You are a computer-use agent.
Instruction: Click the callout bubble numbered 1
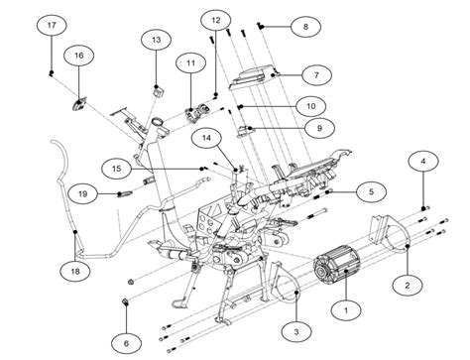pyautogui.click(x=345, y=311)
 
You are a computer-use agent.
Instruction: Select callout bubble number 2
pyautogui.click(x=406, y=284)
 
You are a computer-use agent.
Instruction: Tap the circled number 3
pyautogui.click(x=294, y=329)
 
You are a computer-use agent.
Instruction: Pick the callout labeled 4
pyautogui.click(x=423, y=160)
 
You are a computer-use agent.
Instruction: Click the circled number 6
pyautogui.click(x=126, y=342)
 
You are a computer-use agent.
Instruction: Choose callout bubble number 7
pyautogui.click(x=315, y=74)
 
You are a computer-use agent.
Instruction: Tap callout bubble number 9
pyautogui.click(x=318, y=127)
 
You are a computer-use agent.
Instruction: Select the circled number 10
pyautogui.click(x=310, y=104)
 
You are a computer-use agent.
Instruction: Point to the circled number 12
pyautogui.click(x=215, y=19)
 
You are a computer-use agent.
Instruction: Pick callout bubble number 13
pyautogui.click(x=156, y=39)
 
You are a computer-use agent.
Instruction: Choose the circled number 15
pyautogui.click(x=116, y=168)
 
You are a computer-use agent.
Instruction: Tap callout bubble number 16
pyautogui.click(x=78, y=57)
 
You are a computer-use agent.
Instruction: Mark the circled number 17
pyautogui.click(x=51, y=24)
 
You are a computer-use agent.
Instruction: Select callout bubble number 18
pyautogui.click(x=75, y=270)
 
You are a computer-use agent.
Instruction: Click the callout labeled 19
pyautogui.click(x=83, y=193)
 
